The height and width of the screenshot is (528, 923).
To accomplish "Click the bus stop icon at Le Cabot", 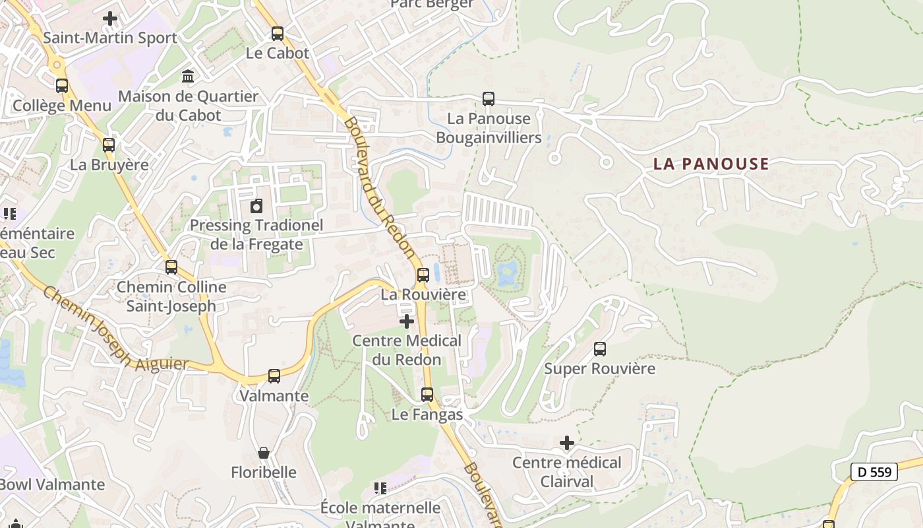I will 278,34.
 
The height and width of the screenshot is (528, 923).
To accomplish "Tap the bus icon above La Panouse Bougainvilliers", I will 489,99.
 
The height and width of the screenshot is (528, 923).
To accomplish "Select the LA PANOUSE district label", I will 711,164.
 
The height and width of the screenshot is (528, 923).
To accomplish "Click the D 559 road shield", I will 874,472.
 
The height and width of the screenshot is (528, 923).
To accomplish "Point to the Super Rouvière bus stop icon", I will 600,349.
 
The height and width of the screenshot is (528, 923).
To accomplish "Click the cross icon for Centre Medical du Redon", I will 407,321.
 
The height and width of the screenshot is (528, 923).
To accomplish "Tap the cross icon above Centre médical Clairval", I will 567,443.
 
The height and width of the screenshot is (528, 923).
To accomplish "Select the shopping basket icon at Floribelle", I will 264,453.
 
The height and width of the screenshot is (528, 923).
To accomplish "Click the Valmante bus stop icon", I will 274,376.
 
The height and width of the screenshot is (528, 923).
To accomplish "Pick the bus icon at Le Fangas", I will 427,395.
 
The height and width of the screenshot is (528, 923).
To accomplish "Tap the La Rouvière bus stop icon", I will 423,275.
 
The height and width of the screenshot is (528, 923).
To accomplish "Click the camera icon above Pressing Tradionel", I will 256,206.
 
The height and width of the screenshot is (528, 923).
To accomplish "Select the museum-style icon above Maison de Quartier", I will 188,77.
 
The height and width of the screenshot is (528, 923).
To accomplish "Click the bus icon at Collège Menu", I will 62,86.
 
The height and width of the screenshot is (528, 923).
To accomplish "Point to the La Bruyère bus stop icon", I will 109,145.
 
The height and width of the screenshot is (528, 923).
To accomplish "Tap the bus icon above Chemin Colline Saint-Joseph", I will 171,267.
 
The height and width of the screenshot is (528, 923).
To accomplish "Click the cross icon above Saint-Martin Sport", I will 110,18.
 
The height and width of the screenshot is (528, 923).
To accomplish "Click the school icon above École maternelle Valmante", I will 380,488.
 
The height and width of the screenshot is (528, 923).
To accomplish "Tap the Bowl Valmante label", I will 51,484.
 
